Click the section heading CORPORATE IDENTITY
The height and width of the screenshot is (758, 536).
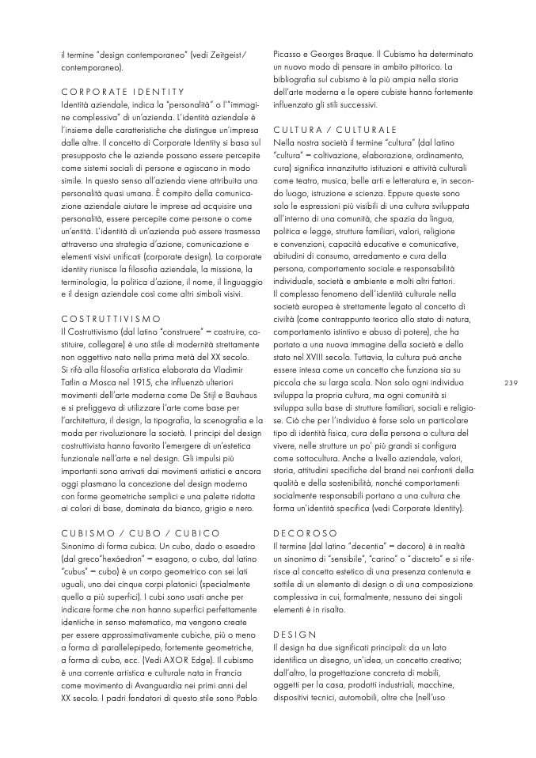point(122,92)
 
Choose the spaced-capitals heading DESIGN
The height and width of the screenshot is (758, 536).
point(294,635)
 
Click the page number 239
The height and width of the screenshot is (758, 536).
point(510,383)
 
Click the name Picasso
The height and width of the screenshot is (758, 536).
point(291,55)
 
